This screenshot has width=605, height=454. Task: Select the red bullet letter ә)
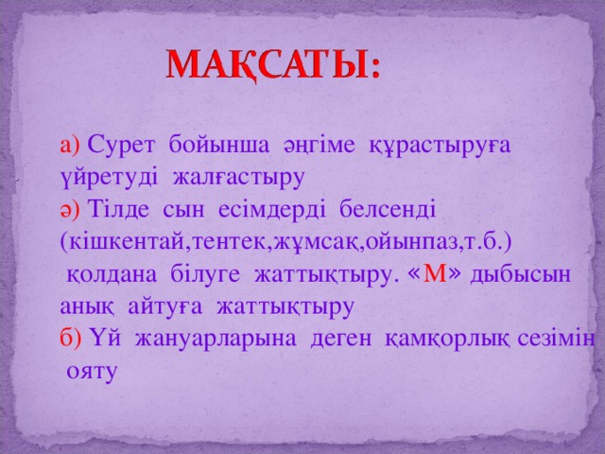pyautogui.click(x=70, y=207)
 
